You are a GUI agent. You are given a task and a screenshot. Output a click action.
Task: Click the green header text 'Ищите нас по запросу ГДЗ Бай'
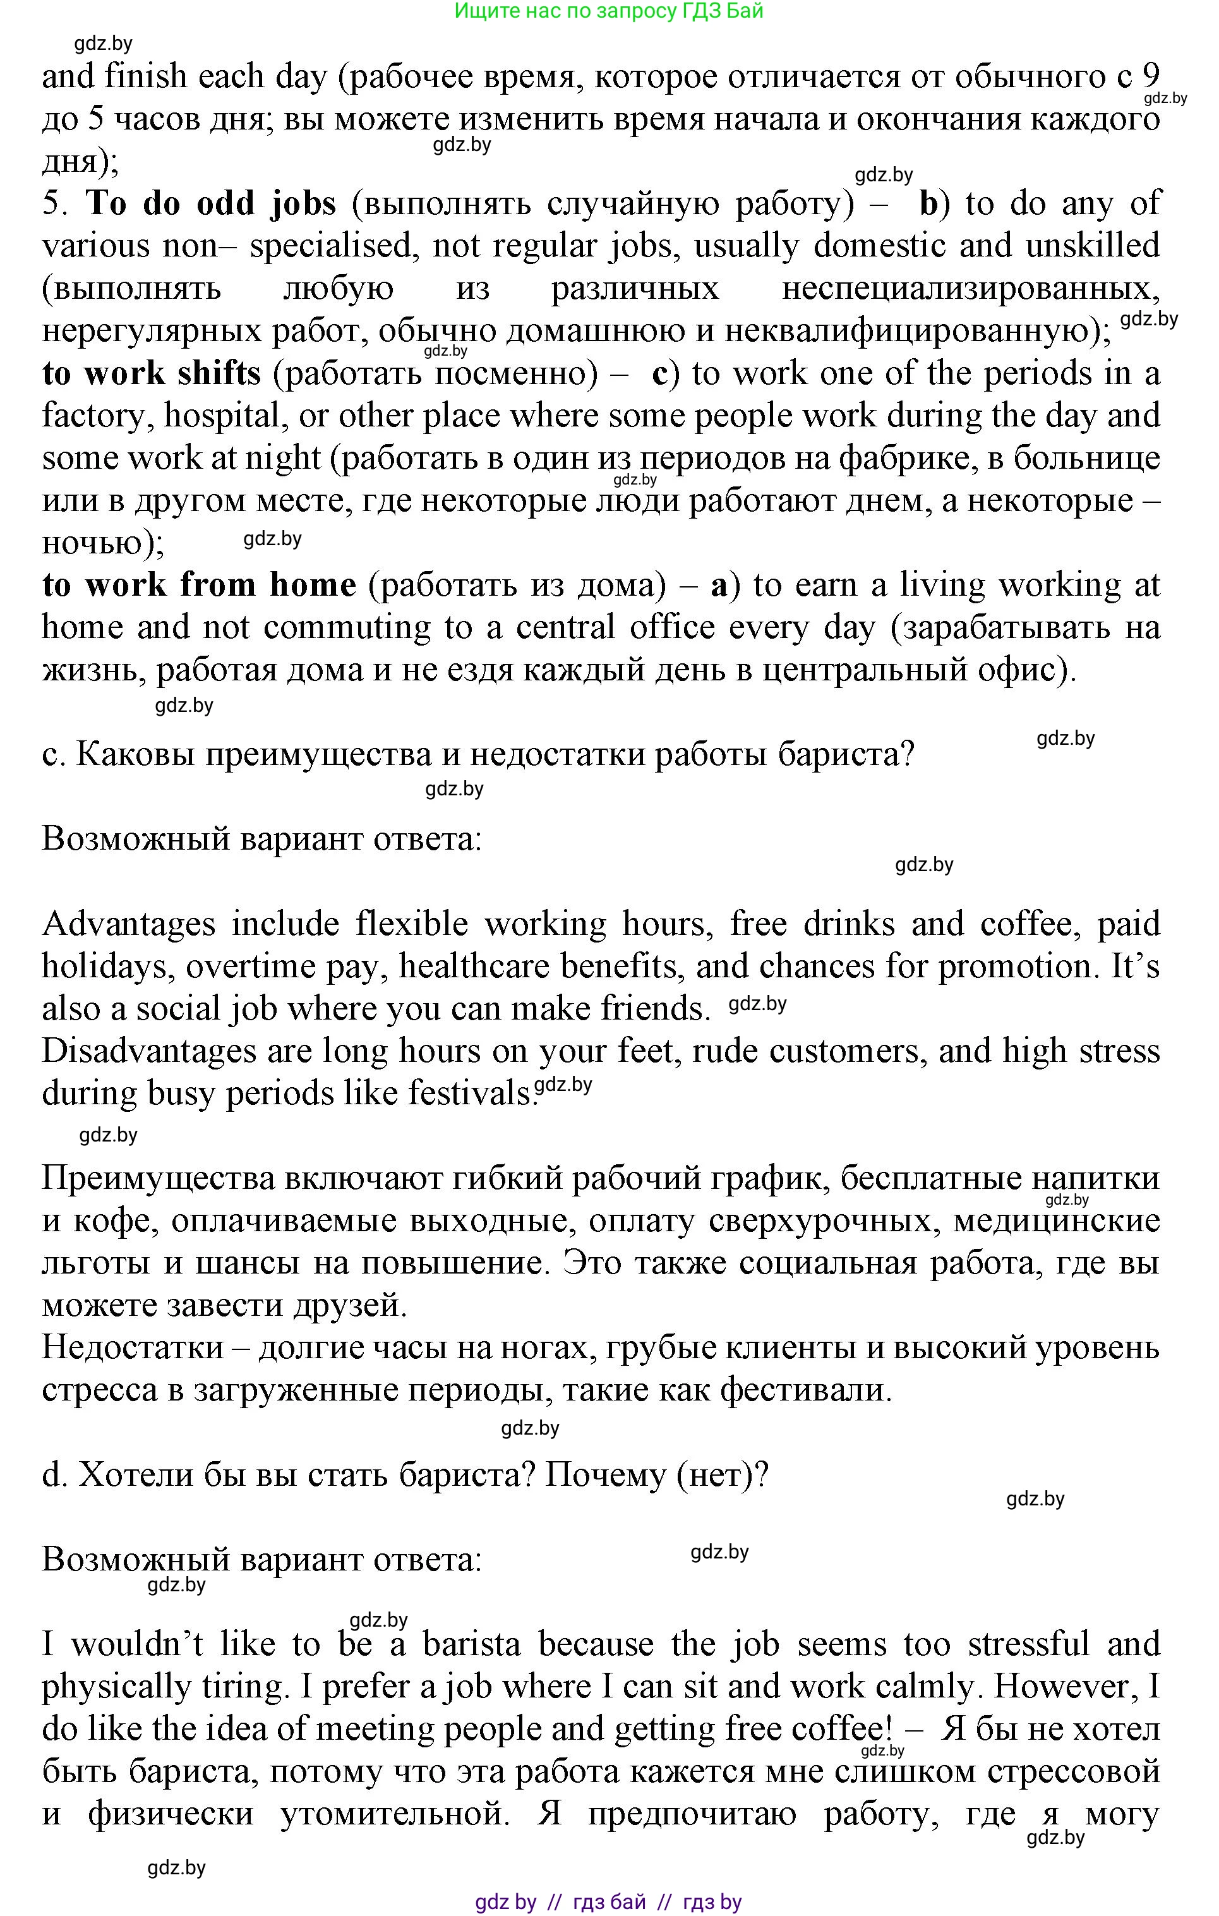(x=609, y=11)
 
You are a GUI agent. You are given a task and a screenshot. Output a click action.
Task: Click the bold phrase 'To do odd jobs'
(x=210, y=203)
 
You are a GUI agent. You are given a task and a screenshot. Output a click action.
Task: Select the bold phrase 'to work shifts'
(x=151, y=373)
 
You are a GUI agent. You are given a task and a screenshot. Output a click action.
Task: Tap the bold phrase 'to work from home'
(x=199, y=585)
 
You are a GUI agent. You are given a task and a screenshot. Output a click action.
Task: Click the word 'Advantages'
(x=129, y=924)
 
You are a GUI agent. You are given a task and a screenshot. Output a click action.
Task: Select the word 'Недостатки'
(x=133, y=1349)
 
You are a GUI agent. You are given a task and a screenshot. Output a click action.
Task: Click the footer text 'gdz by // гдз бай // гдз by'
(x=609, y=1901)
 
